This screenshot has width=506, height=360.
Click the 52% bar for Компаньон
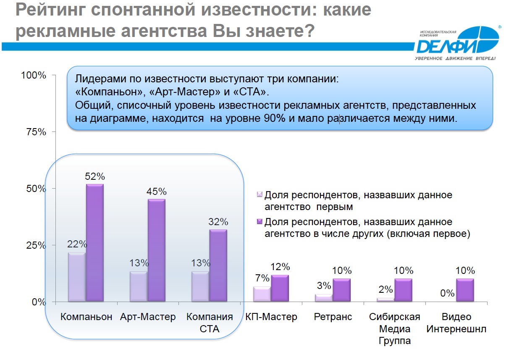95,243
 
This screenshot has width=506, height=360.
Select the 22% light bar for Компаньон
77,277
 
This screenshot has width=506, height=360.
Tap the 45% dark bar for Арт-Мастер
157,250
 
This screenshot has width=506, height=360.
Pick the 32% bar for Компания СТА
218,265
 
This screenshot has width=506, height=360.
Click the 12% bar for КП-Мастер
280,288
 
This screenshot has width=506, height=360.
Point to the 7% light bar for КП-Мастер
262,294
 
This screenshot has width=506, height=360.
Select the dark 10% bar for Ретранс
341,290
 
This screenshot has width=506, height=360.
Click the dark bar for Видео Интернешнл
465,290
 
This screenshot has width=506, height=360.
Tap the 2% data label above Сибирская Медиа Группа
385,289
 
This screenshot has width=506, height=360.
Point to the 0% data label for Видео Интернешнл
447,293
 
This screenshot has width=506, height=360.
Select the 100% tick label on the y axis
34,75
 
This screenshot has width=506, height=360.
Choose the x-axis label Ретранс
333,317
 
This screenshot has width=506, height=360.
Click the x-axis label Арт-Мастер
148,317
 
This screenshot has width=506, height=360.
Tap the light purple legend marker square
260,194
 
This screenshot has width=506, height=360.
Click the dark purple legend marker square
260,221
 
